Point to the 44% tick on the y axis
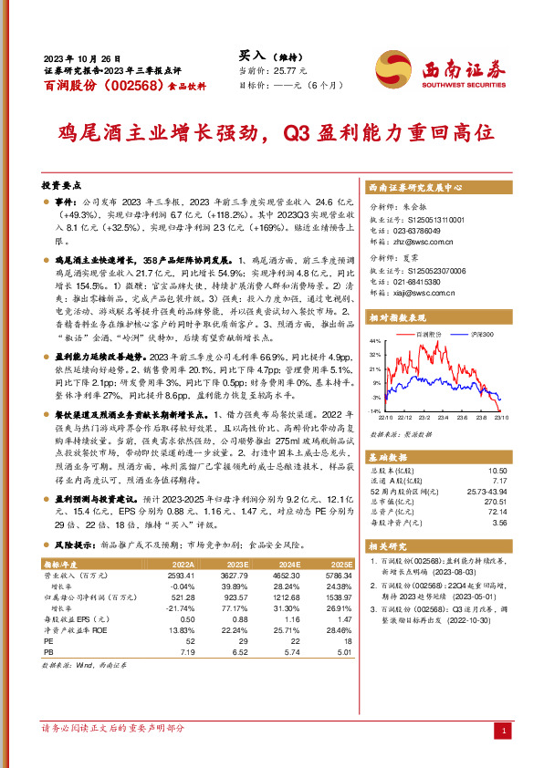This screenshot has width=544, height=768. [x=374, y=341]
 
